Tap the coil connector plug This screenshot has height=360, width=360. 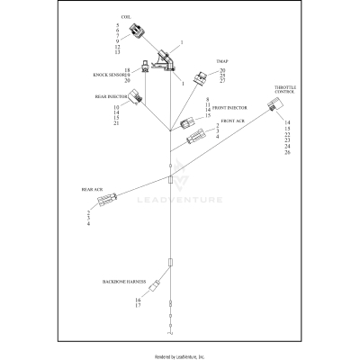click(140, 35)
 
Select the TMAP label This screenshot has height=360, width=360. click(221, 62)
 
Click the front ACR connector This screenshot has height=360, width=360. click(195, 139)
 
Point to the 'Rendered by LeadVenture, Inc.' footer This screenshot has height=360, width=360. click(180, 356)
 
